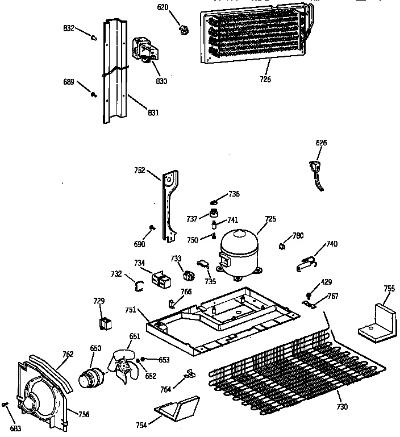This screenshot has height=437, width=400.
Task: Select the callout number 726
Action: [265, 79]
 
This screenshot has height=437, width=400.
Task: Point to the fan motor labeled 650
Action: [91, 376]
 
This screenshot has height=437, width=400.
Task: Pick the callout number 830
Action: [161, 81]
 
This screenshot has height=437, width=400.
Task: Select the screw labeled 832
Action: [93, 38]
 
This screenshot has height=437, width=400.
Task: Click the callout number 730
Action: [341, 407]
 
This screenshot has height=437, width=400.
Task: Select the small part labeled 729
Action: [105, 324]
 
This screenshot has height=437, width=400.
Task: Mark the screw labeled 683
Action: [6, 404]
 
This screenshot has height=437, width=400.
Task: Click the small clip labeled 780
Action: [282, 245]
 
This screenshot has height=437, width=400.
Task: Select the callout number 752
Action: [139, 169]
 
